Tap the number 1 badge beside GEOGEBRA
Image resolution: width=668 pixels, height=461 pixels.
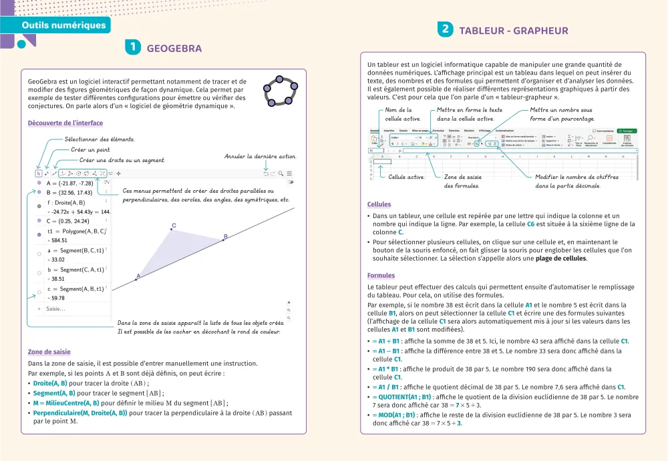coord(133,47)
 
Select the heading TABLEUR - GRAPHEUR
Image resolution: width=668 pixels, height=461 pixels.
coord(513,30)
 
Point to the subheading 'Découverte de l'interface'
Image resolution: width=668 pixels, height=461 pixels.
coord(65,123)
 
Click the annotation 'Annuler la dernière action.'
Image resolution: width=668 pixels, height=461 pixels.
coord(260,157)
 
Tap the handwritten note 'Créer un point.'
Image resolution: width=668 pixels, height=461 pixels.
coord(90,149)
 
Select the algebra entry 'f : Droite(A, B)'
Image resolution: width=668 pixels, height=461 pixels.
coord(66,202)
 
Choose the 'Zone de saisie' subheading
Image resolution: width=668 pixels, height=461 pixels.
coord(49,352)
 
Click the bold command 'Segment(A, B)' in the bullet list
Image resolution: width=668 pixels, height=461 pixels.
coord(58,393)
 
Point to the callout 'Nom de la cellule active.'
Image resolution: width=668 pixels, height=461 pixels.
coord(403,114)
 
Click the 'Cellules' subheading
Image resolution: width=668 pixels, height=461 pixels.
coord(379,204)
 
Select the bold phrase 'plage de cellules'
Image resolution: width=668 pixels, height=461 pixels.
coord(560,258)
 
